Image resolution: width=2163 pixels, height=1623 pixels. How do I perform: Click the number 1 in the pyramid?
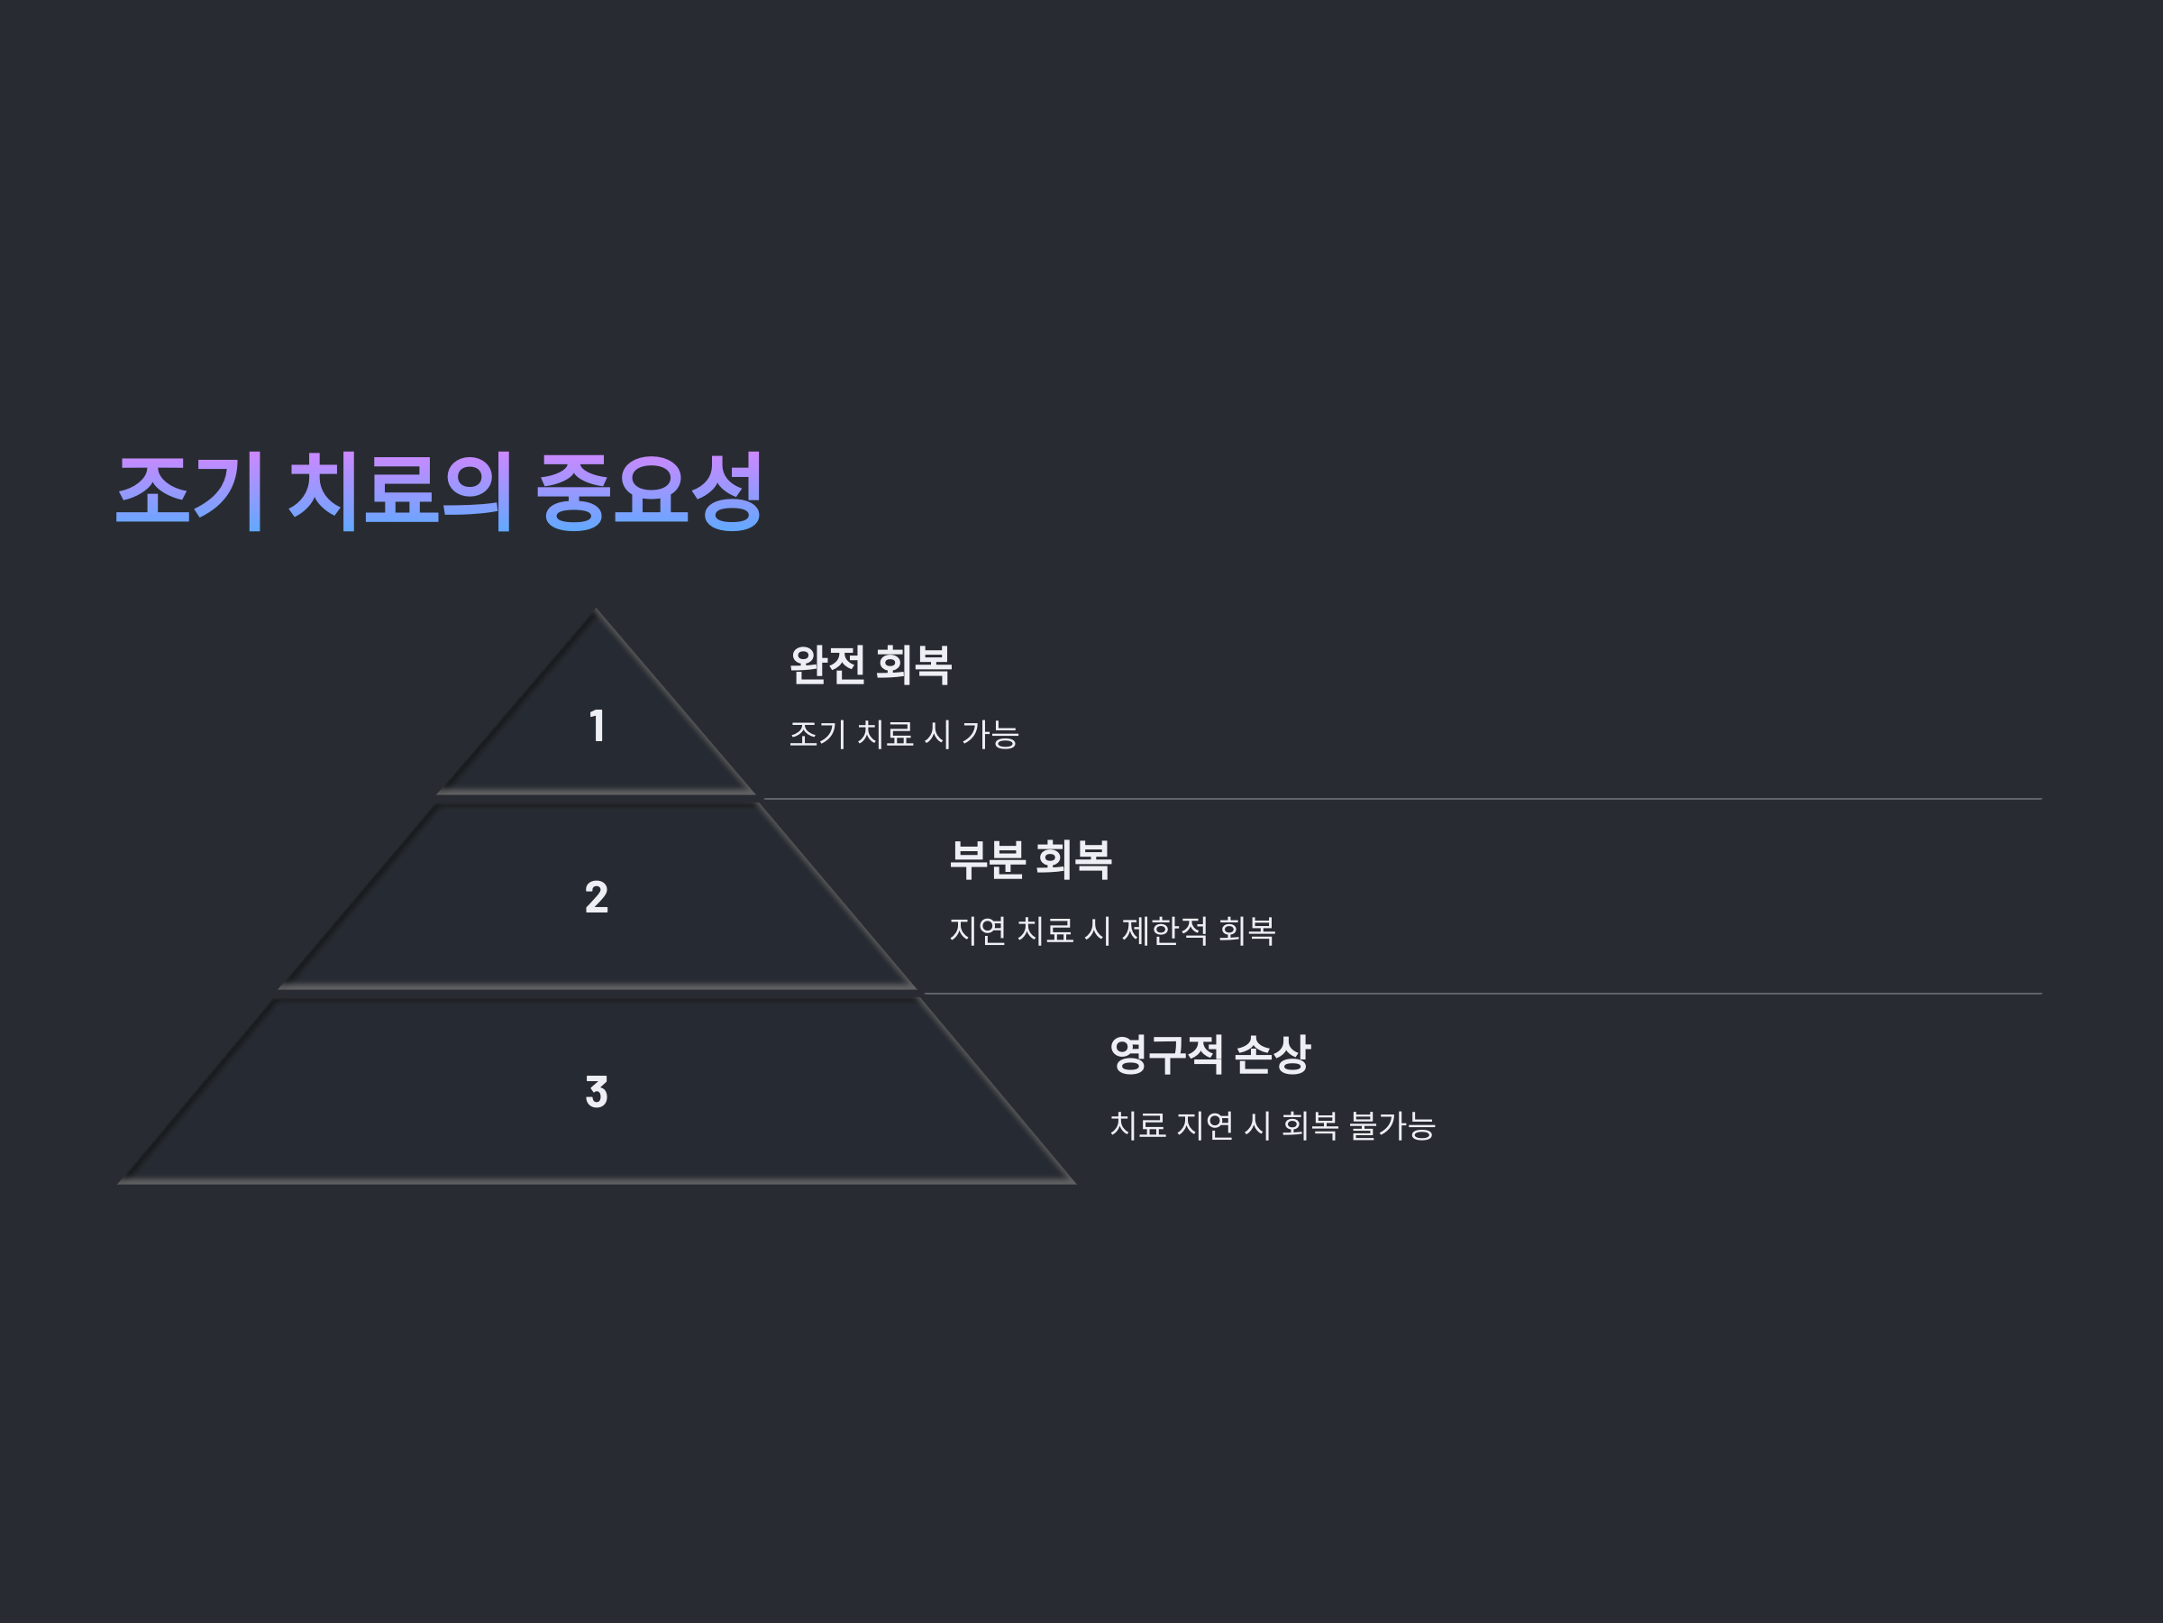pyautogui.click(x=597, y=726)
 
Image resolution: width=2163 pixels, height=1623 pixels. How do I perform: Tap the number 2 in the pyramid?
pyautogui.click(x=597, y=897)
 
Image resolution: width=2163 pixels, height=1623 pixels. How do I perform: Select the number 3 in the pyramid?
pyautogui.click(x=597, y=1092)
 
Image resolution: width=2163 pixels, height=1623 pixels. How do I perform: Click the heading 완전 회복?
pyautogui.click(x=871, y=665)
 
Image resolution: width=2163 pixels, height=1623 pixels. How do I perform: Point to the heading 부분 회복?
pyautogui.click(x=1031, y=860)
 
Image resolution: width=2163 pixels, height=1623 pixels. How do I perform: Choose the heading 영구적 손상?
pyautogui.click(x=1209, y=1055)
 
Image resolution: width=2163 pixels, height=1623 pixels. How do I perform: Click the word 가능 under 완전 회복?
pyautogui.click(x=990, y=734)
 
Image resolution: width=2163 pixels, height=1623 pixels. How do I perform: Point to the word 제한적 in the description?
pyautogui.click(x=1164, y=931)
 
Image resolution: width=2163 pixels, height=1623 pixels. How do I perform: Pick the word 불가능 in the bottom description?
pyautogui.click(x=1392, y=1125)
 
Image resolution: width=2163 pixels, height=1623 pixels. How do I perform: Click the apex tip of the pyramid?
pyautogui.click(x=596, y=612)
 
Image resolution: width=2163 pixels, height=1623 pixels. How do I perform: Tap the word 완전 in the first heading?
pyautogui.click(x=827, y=665)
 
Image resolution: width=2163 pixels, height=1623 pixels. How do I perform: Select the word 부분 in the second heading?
pyautogui.click(x=988, y=860)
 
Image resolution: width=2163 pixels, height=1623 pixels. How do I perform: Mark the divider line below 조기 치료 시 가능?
pyautogui.click(x=1399, y=798)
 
